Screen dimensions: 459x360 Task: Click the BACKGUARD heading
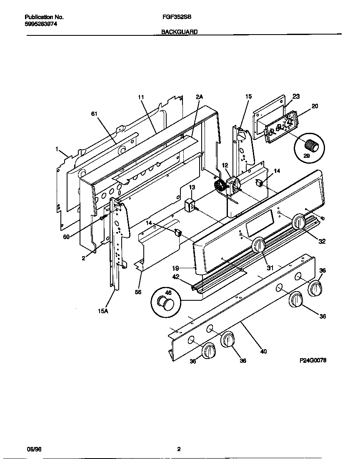coord(180,31)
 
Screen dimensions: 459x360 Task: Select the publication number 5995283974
coord(41,24)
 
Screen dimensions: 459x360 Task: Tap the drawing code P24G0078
coord(312,361)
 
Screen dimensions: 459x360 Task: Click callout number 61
coord(94,113)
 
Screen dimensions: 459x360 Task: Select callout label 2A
coord(199,97)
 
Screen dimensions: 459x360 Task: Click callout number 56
coord(138,292)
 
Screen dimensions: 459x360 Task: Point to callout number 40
coord(263,352)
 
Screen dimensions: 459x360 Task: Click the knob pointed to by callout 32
coord(299,221)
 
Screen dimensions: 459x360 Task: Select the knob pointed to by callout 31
coord(259,245)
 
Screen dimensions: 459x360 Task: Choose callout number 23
coord(296,96)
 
